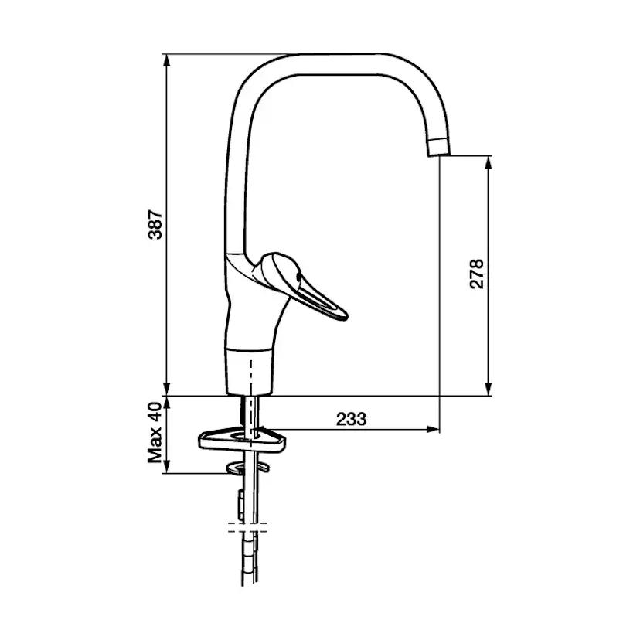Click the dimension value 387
coord(155,224)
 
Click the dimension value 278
coord(477,274)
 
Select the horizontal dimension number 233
coord(352,419)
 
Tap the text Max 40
coord(155,433)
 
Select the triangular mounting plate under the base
coord(242,439)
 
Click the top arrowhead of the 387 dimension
coord(166,60)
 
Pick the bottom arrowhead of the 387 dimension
coord(166,390)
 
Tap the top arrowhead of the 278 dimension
coord(489,162)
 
